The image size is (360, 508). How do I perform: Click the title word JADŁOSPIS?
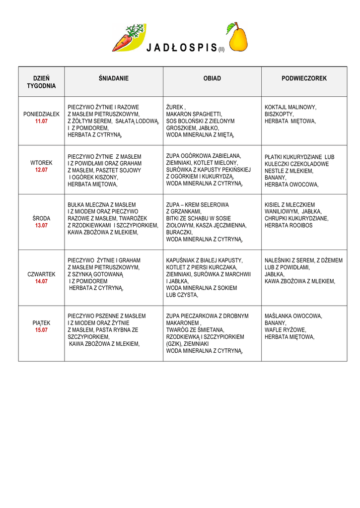click(x=182, y=48)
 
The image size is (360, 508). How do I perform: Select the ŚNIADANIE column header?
click(x=114, y=78)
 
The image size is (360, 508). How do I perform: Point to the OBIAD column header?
click(x=212, y=78)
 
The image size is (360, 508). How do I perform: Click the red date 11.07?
click(x=41, y=121)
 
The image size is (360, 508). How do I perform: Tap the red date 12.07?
click(x=41, y=170)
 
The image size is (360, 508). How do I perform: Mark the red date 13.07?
click(x=41, y=225)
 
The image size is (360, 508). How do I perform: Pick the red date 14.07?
click(x=41, y=281)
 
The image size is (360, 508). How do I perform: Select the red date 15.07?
click(x=41, y=330)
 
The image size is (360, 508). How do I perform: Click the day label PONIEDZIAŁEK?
click(x=41, y=114)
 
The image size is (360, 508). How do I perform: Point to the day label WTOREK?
click(x=41, y=163)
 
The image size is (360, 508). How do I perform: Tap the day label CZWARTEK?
click(x=41, y=274)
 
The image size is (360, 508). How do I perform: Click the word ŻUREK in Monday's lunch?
click(x=175, y=107)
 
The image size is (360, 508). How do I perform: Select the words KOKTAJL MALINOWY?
click(x=290, y=107)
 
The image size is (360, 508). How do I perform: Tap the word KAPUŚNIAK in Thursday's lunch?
click(x=181, y=260)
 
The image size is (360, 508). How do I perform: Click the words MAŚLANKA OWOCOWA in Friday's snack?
click(x=293, y=316)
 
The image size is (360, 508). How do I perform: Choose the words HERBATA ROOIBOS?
click(x=288, y=225)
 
